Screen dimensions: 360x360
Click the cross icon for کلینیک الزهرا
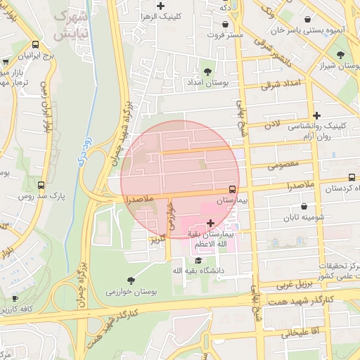pyautogui.click(x=161, y=6)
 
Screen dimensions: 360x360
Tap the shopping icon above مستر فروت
pyautogui.click(x=224, y=24)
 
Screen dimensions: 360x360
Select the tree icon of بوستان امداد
pyautogui.click(x=207, y=72)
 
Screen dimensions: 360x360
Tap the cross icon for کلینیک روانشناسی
pyautogui.click(x=317, y=115)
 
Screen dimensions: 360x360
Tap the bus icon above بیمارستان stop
pyautogui.click(x=231, y=189)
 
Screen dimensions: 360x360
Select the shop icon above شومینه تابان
pyautogui.click(x=304, y=207)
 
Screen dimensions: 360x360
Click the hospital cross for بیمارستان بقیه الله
pyautogui.click(x=210, y=222)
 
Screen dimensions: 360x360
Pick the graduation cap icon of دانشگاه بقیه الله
pyautogui.click(x=207, y=260)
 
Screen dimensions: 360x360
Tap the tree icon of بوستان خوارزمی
pyautogui.click(x=131, y=280)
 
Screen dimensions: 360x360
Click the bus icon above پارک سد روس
pyautogui.click(x=41, y=186)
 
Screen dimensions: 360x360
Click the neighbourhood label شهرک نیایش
pyautogui.click(x=70, y=25)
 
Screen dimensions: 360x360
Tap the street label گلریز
pyautogui.click(x=156, y=240)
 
